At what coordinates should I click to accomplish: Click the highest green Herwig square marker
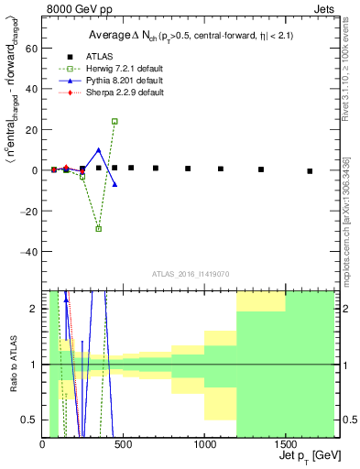[115, 121]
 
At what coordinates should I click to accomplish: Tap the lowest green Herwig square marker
[98, 229]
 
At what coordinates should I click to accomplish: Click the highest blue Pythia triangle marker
[98, 150]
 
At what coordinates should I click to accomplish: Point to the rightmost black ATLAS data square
[310, 171]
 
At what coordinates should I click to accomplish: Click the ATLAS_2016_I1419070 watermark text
[190, 272]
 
